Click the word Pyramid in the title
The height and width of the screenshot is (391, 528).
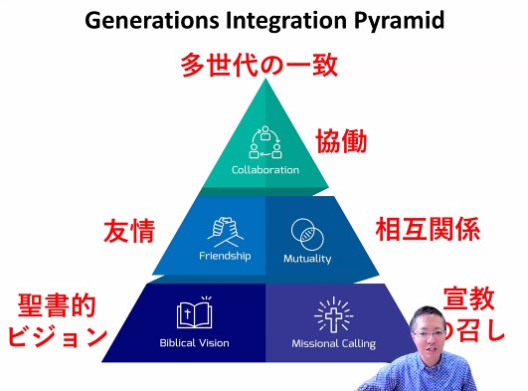tap(381, 21)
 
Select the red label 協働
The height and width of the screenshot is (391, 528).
tap(341, 140)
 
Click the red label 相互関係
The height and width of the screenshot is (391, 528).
tap(428, 229)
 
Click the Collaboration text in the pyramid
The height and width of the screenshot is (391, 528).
tap(264, 170)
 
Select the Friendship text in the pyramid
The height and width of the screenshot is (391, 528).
tap(225, 255)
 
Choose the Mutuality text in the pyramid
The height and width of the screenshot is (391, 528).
tap(306, 259)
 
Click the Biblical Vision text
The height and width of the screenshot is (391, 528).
tap(194, 343)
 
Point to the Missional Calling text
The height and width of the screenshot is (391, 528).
tap(333, 344)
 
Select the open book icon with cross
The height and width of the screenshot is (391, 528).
tap(195, 313)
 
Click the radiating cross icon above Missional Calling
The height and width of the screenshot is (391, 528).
tap(333, 314)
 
